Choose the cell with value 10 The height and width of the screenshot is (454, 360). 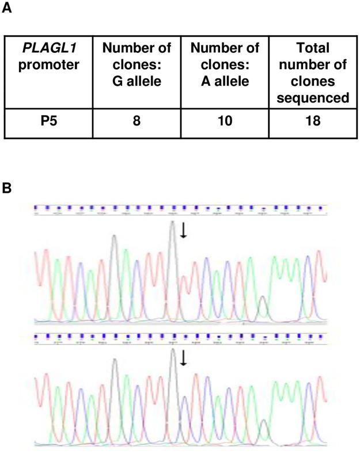click(x=224, y=123)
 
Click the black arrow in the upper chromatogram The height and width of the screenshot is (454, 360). click(x=183, y=230)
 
